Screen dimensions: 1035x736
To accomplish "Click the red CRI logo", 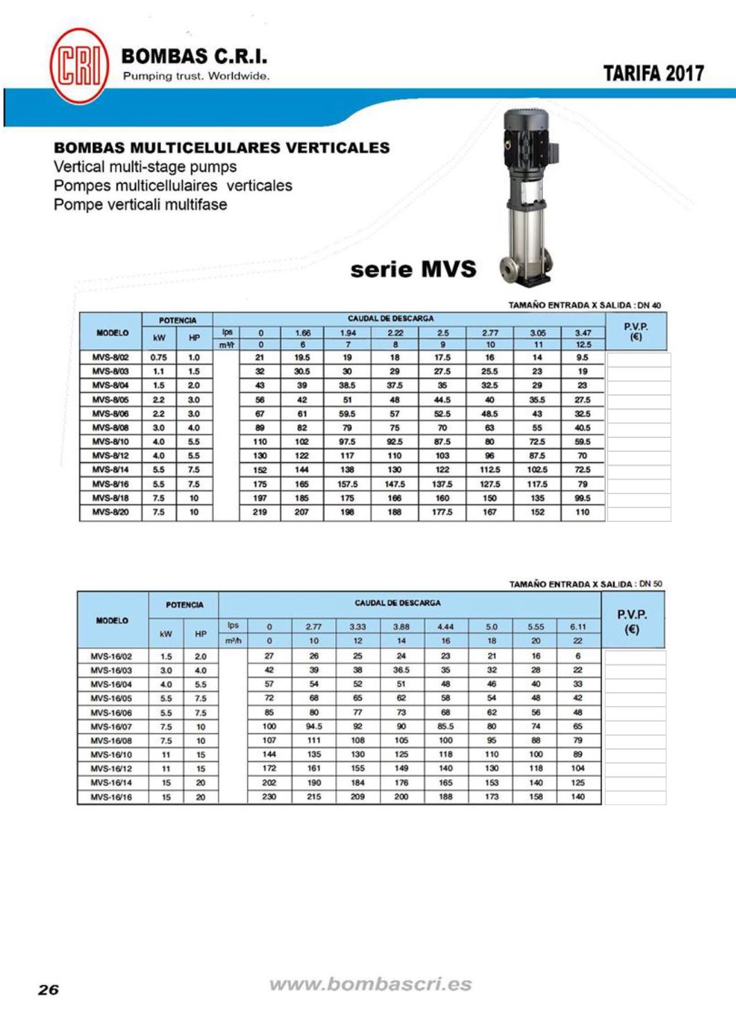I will [x=79, y=67].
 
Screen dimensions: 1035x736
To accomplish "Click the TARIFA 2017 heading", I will [x=653, y=74].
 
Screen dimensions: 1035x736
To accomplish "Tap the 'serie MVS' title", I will [x=413, y=269].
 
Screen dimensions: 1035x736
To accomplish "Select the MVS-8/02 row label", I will [x=110, y=357].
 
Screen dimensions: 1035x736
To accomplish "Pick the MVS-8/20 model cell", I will [x=110, y=512].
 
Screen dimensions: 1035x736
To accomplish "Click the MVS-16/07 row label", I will [x=111, y=727].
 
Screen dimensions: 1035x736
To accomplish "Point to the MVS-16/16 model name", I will [x=111, y=797].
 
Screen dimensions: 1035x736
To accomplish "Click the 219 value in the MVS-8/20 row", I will [x=260, y=512].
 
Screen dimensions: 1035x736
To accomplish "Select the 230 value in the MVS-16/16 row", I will [x=269, y=797].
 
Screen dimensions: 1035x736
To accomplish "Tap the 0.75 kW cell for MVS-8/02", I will [x=158, y=357].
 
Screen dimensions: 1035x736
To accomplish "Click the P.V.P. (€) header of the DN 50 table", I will [x=632, y=622].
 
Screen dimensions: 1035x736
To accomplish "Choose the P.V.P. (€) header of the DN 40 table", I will [x=636, y=332].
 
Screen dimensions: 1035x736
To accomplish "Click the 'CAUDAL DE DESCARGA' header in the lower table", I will [x=397, y=603].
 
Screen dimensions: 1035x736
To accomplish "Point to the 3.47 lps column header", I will [x=583, y=333].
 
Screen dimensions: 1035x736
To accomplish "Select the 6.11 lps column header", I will [x=578, y=627].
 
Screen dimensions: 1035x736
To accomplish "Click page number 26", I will [x=49, y=990].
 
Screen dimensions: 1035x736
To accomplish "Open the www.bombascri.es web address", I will [x=370, y=984].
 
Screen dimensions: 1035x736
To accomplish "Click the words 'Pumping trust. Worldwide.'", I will [x=196, y=76].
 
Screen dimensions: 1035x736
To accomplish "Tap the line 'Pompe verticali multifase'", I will [x=140, y=205].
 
